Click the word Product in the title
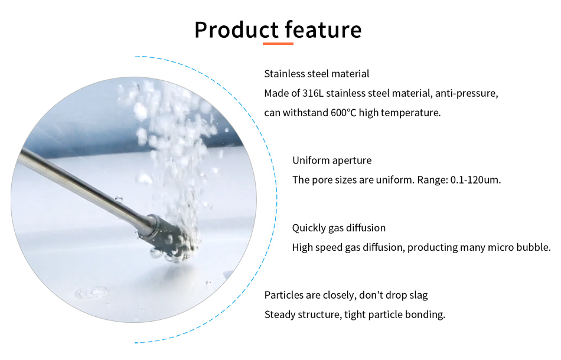(x=236, y=30)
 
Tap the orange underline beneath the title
(x=278, y=44)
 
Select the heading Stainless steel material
(x=317, y=74)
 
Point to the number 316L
(x=313, y=93)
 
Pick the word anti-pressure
(x=467, y=94)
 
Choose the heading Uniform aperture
(x=332, y=161)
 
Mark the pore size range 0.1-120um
(x=475, y=180)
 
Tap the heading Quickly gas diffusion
(x=339, y=228)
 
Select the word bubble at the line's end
(x=533, y=247)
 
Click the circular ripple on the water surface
(x=92, y=293)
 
